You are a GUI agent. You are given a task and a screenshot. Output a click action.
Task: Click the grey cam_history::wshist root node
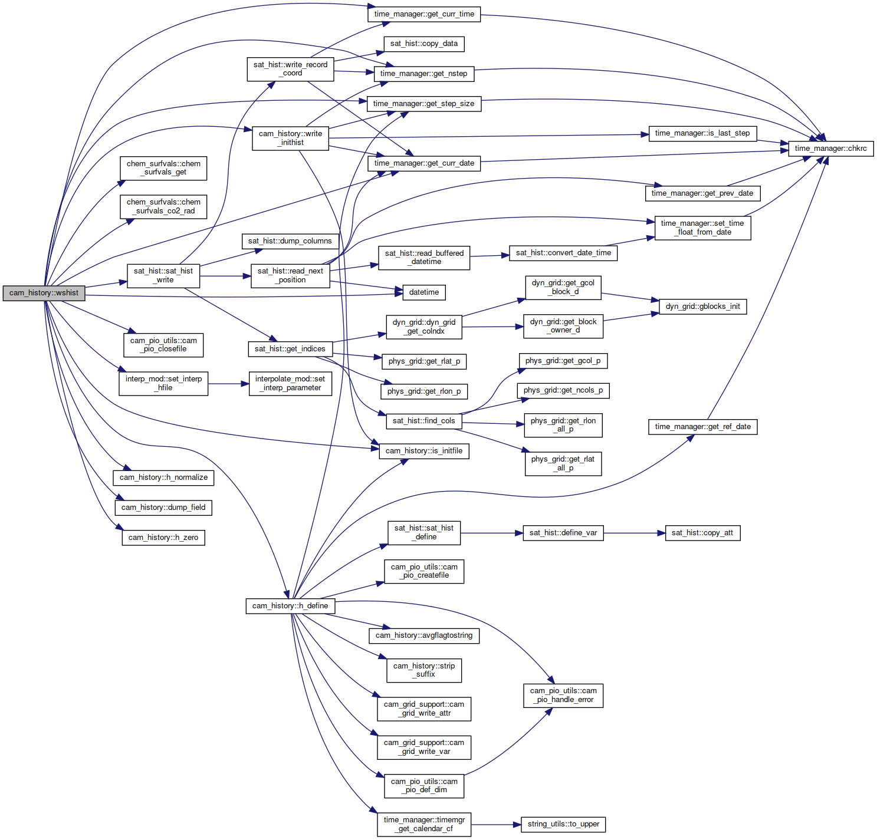pos(44,293)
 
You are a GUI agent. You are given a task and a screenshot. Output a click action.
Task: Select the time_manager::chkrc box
pos(830,149)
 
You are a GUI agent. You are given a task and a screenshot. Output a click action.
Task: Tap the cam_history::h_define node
pos(290,606)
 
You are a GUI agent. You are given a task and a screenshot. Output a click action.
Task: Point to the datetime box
pos(423,292)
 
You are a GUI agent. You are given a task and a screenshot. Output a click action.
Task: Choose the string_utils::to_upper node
pos(563,824)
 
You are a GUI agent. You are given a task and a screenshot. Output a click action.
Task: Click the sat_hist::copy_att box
pos(702,533)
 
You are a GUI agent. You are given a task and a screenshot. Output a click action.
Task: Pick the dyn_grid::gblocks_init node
pos(702,307)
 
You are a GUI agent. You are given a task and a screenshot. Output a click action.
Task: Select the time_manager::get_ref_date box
pos(702,427)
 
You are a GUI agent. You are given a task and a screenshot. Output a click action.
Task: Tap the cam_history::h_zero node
pos(163,538)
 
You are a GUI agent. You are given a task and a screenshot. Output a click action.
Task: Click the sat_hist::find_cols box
pos(423,421)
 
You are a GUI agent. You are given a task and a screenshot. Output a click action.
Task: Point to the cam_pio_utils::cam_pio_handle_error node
pos(563,696)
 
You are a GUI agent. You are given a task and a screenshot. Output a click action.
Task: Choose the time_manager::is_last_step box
pos(702,133)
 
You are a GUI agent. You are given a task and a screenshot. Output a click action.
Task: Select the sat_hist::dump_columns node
pos(290,241)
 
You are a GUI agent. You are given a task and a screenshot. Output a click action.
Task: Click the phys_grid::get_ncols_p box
pos(563,390)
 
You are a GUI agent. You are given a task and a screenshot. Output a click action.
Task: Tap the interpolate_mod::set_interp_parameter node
pos(290,384)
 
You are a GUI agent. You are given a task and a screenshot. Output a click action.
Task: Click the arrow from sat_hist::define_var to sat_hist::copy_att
pos(634,533)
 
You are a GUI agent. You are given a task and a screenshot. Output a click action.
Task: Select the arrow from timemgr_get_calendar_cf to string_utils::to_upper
pos(496,825)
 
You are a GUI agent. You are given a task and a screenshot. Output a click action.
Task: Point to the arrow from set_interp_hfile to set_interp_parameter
pos(228,384)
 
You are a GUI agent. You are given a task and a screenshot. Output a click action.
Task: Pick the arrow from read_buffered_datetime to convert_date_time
pos(490,256)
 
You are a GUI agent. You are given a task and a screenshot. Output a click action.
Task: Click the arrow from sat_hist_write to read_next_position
pos(225,276)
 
